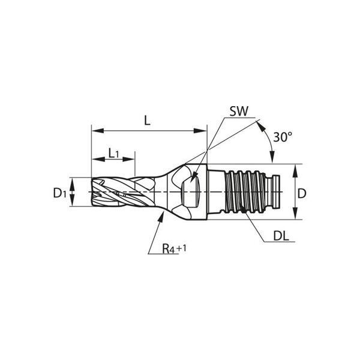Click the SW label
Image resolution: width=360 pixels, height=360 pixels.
click(x=239, y=112)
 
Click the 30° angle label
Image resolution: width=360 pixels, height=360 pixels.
click(x=283, y=137)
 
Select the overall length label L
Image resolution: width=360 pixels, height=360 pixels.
click(x=147, y=121)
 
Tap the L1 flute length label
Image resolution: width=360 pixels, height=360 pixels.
click(x=113, y=153)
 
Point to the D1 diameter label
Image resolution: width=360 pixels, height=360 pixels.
click(x=59, y=193)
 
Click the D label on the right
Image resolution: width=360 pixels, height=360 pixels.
click(x=302, y=194)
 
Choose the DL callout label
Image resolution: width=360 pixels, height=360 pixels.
click(x=281, y=236)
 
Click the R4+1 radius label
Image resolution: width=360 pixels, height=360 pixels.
click(x=174, y=248)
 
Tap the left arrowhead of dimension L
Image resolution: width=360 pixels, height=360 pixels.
click(x=97, y=131)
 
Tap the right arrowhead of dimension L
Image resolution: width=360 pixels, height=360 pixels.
click(x=200, y=131)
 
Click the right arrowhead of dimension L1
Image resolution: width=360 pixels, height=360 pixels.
click(x=129, y=159)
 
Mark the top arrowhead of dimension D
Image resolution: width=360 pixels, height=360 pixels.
click(x=295, y=170)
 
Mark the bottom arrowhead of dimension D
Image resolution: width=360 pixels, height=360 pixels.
click(x=295, y=213)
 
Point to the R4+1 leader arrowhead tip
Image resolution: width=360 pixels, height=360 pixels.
click(x=163, y=212)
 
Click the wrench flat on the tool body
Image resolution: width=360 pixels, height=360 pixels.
click(x=191, y=192)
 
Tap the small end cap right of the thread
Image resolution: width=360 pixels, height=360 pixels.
click(x=275, y=192)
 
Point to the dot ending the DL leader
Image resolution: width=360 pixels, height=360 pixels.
click(x=242, y=209)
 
